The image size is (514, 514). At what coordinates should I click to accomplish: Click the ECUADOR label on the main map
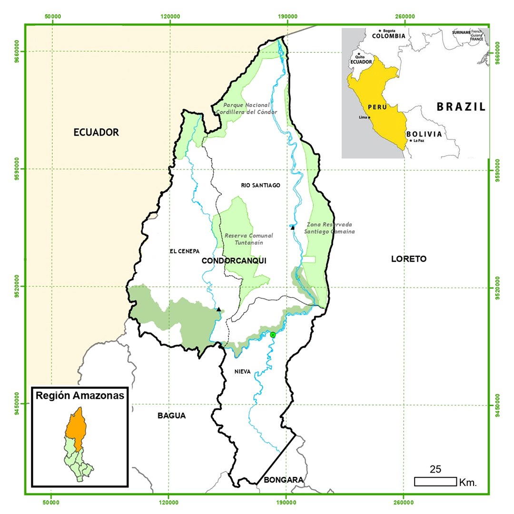pyautogui.click(x=96, y=132)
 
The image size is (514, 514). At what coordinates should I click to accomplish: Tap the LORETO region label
pyautogui.click(x=408, y=259)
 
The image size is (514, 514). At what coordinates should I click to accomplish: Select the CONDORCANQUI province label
pyautogui.click(x=234, y=261)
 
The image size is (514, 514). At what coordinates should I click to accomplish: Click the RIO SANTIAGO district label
pyautogui.click(x=261, y=185)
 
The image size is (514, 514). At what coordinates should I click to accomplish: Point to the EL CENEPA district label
pyautogui.click(x=184, y=251)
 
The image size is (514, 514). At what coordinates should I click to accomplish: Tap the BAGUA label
pyautogui.click(x=171, y=415)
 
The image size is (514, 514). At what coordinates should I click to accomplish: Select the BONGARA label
pyautogui.click(x=283, y=480)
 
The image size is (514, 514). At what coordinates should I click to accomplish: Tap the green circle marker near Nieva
pyautogui.click(x=273, y=335)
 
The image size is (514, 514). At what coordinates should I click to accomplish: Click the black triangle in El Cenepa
pyautogui.click(x=218, y=309)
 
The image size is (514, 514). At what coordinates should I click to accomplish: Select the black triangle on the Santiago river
pyautogui.click(x=293, y=227)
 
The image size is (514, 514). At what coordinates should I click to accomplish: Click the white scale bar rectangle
pyautogui.click(x=435, y=482)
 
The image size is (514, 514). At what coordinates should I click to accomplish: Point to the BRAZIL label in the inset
pyautogui.click(x=461, y=107)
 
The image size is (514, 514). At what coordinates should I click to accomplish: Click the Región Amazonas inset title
pyautogui.click(x=79, y=395)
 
